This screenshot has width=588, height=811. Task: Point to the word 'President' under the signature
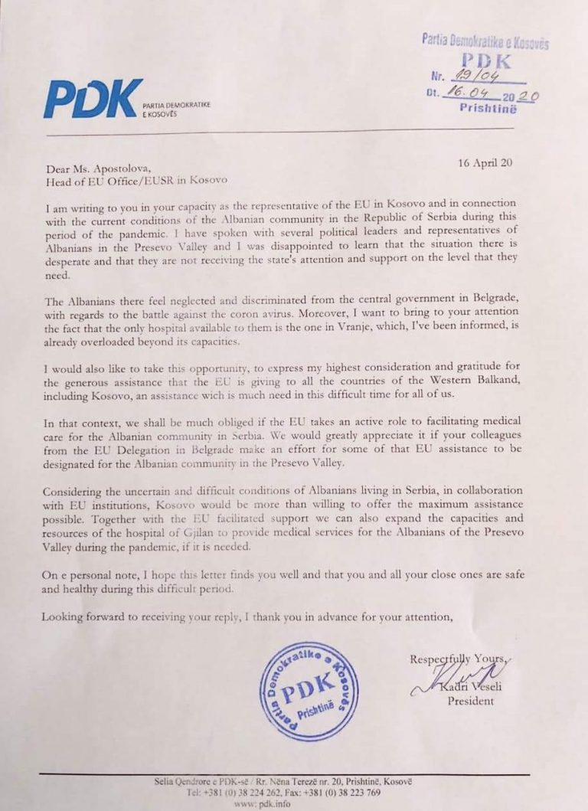tap(472, 701)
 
